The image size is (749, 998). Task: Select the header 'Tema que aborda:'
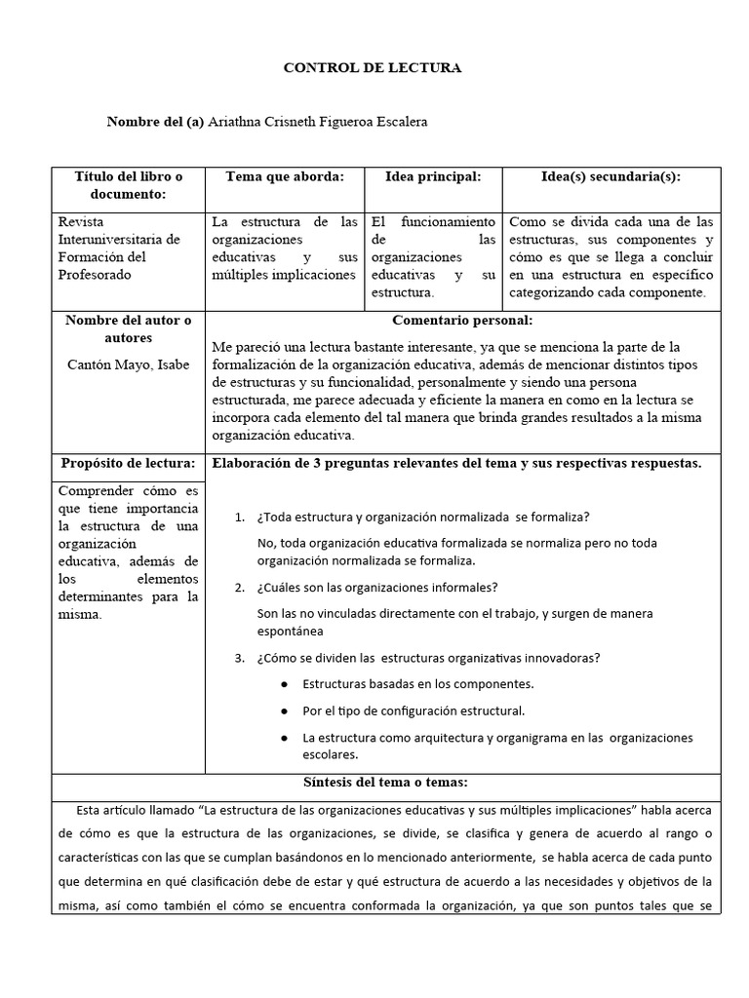coord(284,176)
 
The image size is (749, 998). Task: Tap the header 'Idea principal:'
coord(433,176)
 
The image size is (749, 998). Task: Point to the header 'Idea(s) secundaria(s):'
coord(611,176)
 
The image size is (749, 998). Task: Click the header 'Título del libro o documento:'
coord(128,185)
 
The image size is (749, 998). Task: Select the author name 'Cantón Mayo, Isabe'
coord(128,365)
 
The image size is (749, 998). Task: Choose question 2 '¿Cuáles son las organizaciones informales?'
coord(377,587)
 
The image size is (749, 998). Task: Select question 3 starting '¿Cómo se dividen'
coord(428,657)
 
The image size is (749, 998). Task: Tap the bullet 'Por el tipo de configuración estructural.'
coord(414,710)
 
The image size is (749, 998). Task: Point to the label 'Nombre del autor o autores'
coord(128,329)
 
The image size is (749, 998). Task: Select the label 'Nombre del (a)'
coord(155,121)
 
